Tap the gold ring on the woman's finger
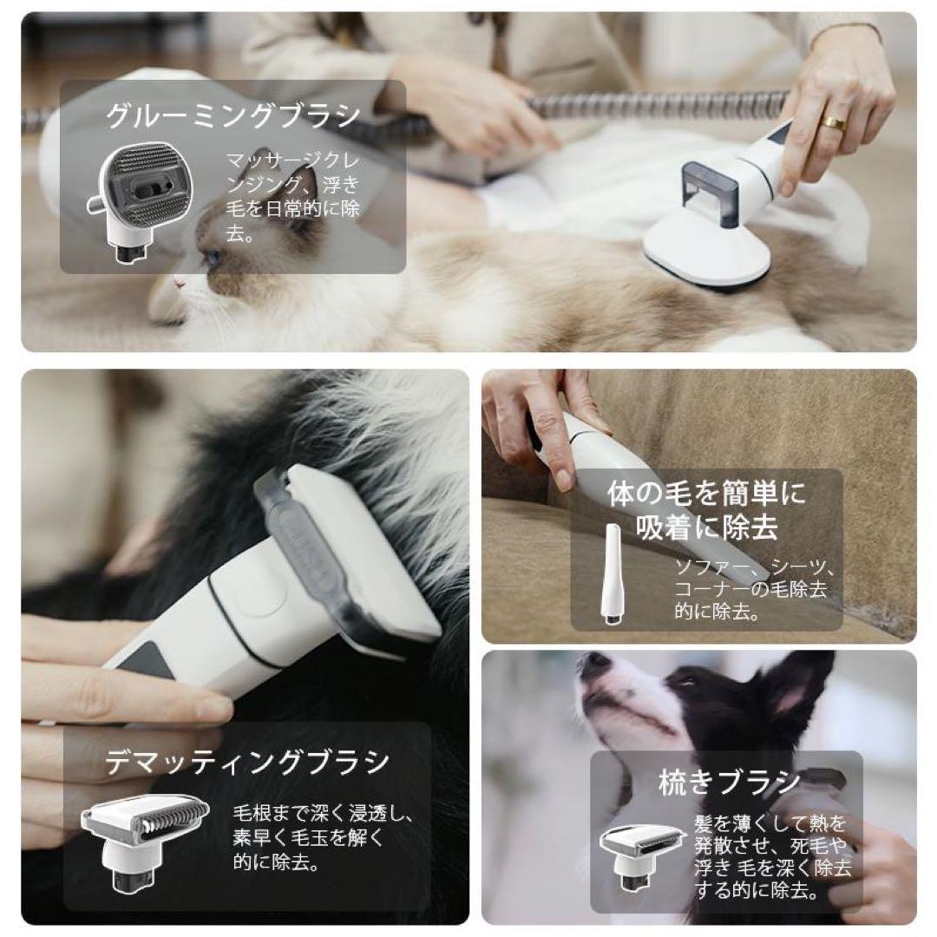835,123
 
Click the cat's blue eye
213,257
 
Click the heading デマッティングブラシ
247,763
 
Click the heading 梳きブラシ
729,783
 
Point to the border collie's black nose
594,666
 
